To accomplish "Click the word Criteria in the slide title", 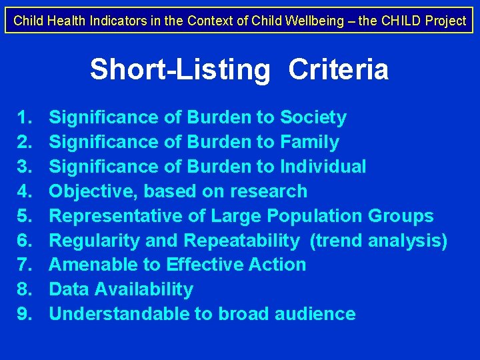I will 338,69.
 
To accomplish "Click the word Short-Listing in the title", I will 180,69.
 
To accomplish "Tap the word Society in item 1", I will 313,118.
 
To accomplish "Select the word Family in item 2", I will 310,142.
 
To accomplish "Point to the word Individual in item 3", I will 323,167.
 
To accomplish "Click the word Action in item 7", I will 277,265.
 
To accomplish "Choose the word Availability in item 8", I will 145,289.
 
